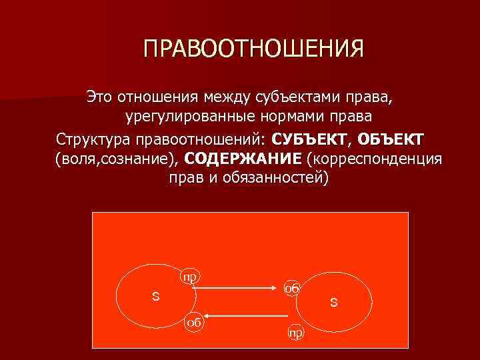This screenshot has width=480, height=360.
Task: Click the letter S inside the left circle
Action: pyautogui.click(x=155, y=296)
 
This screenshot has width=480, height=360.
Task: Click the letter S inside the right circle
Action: pyautogui.click(x=333, y=303)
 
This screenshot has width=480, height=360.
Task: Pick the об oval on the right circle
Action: pyautogui.click(x=291, y=288)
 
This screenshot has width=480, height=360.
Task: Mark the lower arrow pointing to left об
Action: pyautogui.click(x=240, y=315)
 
